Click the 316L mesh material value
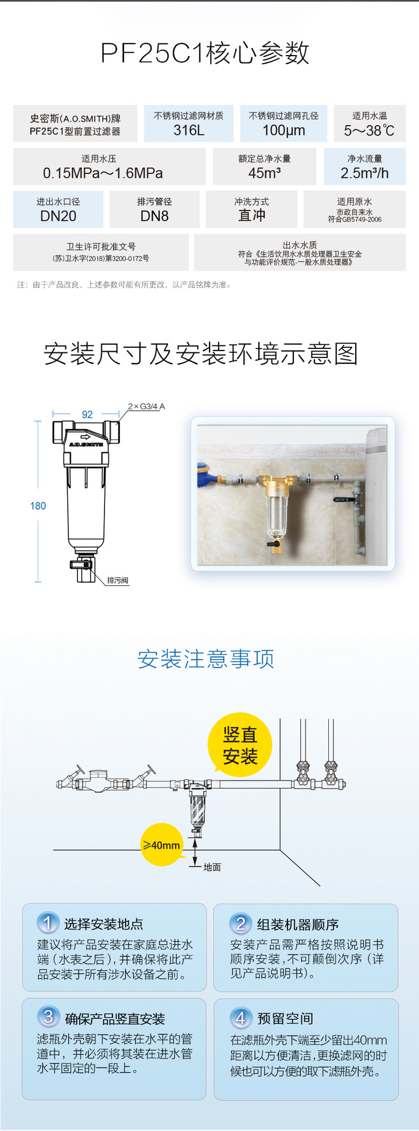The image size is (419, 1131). (189, 130)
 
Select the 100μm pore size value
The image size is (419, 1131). (284, 130)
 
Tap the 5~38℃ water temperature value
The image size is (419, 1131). (369, 131)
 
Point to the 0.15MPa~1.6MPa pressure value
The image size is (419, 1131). (103, 173)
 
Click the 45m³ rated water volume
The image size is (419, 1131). (264, 173)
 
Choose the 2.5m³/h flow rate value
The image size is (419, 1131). (364, 173)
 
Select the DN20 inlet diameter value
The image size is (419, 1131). (58, 216)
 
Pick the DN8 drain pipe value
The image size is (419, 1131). (154, 216)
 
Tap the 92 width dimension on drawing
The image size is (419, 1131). (87, 414)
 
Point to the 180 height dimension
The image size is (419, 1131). (38, 506)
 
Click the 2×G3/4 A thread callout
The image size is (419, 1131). (146, 406)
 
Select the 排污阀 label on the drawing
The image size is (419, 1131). (118, 581)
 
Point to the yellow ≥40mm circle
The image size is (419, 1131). (161, 845)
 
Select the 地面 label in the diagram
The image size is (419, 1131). (212, 867)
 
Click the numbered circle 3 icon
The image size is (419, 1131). (48, 1017)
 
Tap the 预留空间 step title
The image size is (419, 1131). (285, 1019)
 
